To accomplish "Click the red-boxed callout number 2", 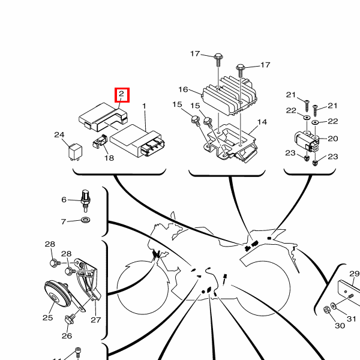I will (x=121, y=94).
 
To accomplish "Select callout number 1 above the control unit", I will (x=144, y=107).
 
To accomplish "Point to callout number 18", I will (x=109, y=158).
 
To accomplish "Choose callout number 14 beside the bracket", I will (x=262, y=122).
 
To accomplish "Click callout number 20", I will (x=333, y=139).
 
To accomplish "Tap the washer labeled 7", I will (x=85, y=222).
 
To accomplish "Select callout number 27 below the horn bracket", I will (x=95, y=319).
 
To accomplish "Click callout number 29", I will (x=354, y=274).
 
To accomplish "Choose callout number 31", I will (x=352, y=318).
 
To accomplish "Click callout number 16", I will (x=183, y=90).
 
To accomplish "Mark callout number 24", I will (x=59, y=135).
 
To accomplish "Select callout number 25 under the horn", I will (x=47, y=317).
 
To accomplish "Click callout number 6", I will (x=64, y=200).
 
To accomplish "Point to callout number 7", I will (x=64, y=222).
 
